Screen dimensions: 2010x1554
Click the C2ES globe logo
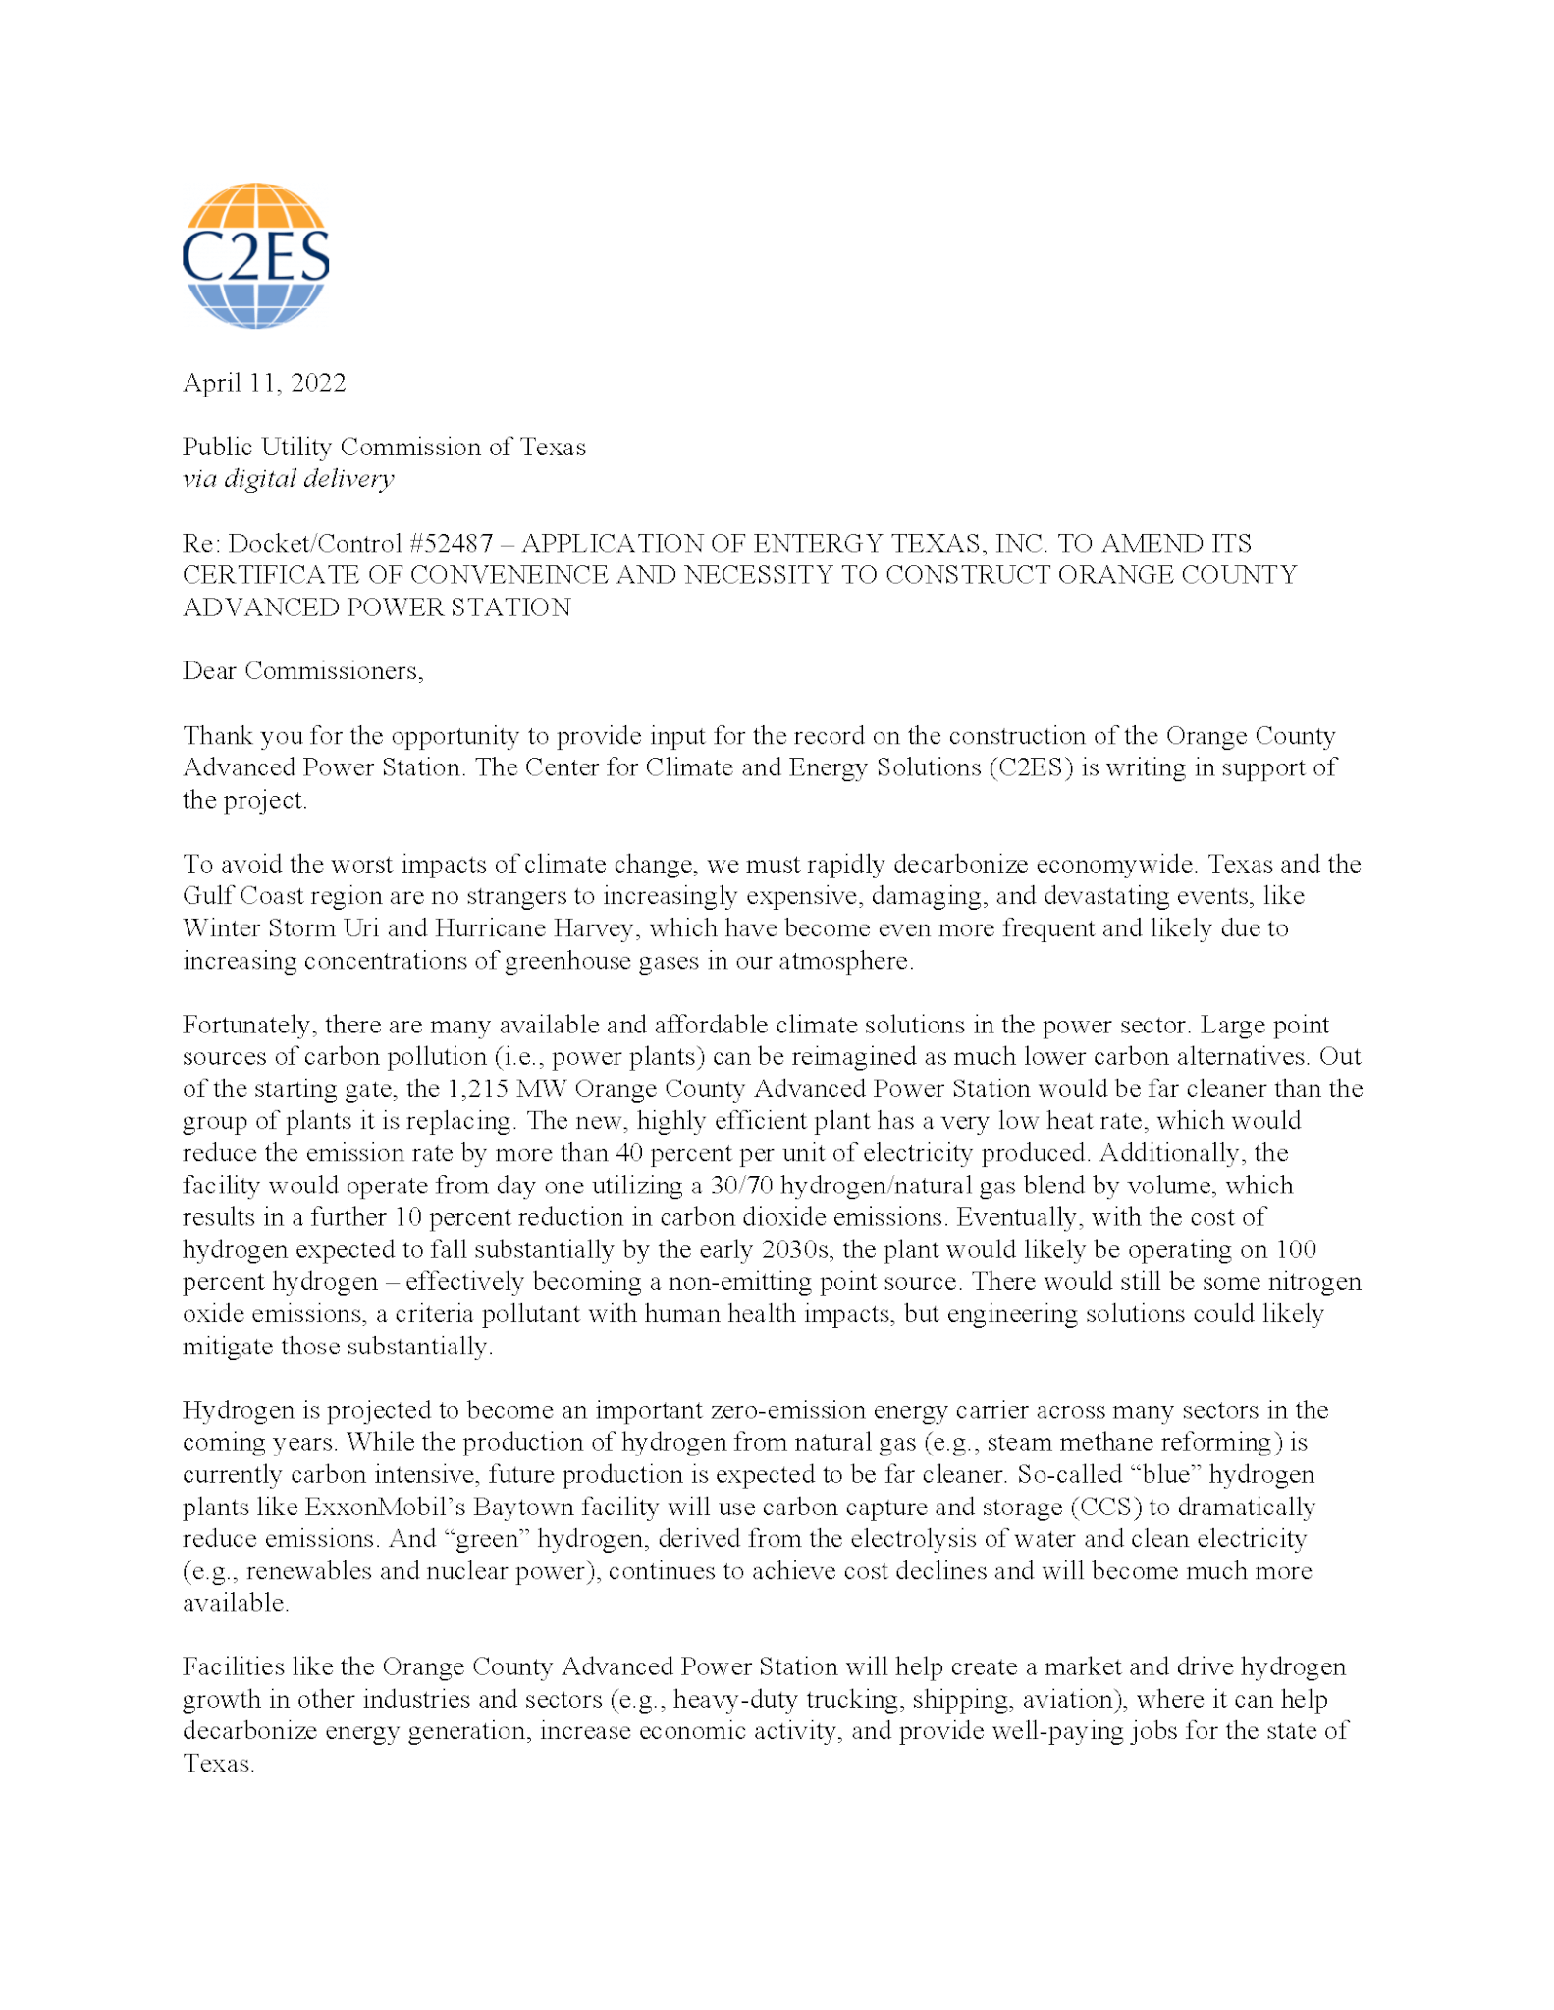point(255,255)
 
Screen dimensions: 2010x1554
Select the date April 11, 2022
point(264,383)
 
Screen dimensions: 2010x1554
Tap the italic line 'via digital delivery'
point(288,479)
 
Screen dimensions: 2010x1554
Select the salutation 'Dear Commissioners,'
point(302,671)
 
